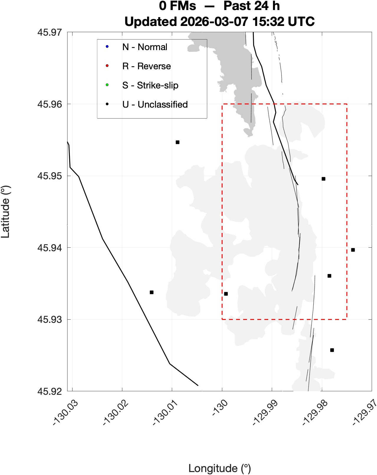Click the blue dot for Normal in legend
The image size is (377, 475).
[107, 47]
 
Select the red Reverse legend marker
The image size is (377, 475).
[107, 66]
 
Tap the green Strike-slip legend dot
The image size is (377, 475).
[107, 85]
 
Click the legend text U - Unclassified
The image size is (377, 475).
[155, 104]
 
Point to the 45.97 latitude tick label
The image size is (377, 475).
[50, 32]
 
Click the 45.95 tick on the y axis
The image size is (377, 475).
[50, 176]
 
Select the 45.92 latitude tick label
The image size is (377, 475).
[50, 391]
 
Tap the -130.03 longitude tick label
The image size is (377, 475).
[65, 413]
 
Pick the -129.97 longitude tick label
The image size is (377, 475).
[365, 413]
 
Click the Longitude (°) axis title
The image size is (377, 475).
[220, 468]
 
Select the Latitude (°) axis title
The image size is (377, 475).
[6, 211]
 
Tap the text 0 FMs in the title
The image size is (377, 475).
[177, 6]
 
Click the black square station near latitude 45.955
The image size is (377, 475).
[177, 142]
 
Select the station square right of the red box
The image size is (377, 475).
[353, 250]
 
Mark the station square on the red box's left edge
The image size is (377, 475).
[226, 294]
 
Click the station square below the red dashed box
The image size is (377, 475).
[332, 350]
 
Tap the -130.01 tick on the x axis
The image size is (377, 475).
[165, 413]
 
